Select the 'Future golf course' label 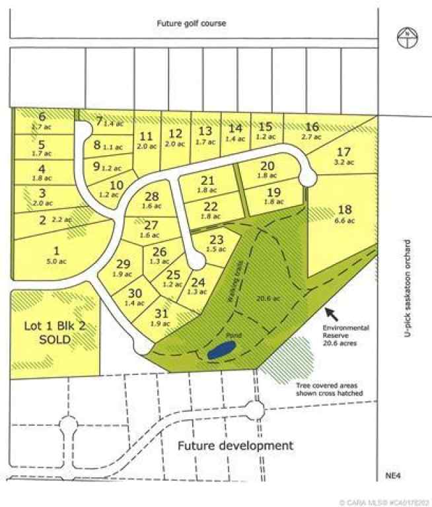point(191,23)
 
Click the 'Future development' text point(234,446)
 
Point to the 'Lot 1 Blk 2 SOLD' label point(55,332)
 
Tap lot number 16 point(312,126)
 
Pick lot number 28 point(151,196)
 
